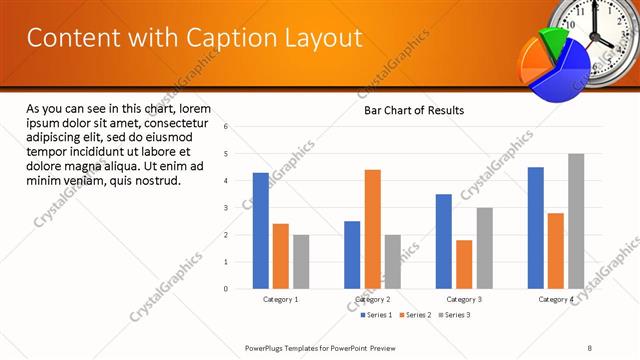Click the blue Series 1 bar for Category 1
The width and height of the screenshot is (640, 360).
pos(261,231)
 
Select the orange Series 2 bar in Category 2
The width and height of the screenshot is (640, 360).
pos(372,229)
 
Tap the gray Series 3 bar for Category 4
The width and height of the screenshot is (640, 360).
pos(576,221)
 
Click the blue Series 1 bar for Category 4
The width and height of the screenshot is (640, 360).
pos(536,228)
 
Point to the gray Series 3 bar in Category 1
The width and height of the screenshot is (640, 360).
pos(301,262)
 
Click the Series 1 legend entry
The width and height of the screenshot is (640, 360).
pos(377,315)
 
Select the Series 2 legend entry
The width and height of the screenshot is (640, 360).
pos(416,315)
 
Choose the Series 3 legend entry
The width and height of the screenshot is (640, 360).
pos(455,315)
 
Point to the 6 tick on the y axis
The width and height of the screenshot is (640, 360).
pos(227,127)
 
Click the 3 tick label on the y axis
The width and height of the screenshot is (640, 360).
pos(227,208)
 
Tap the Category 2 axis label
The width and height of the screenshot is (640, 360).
pos(372,299)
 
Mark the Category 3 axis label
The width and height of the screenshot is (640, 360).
pos(464,299)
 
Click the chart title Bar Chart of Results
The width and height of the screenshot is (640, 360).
pos(413,110)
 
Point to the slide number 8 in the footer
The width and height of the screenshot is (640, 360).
pos(589,347)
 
